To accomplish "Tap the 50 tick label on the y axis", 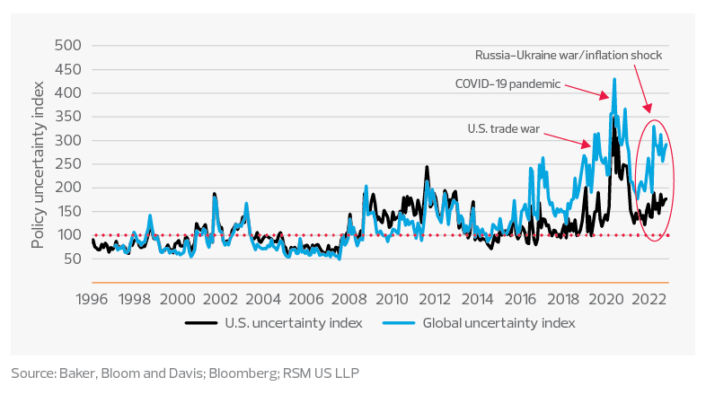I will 72,259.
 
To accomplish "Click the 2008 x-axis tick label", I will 348,298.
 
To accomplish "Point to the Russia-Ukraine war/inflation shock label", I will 569,55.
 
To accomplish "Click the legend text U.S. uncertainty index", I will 301,322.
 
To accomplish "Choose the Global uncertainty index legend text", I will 499,322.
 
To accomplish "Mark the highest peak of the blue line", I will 614,79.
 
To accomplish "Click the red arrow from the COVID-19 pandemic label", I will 587,89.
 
